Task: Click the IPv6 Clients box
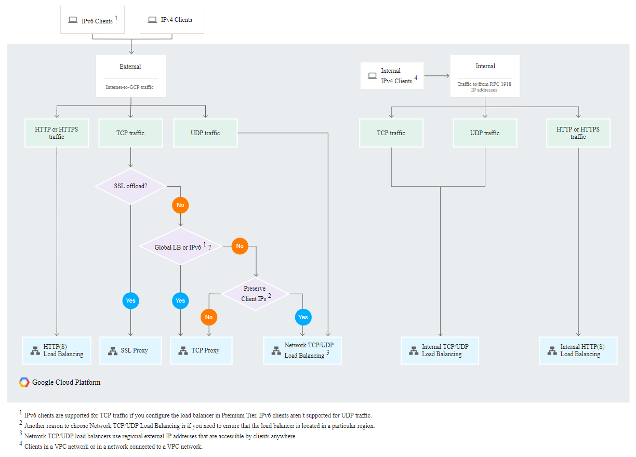tap(92, 20)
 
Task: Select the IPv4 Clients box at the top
tap(172, 20)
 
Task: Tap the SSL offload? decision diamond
tap(130, 186)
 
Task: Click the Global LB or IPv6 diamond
tap(181, 247)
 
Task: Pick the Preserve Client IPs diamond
tap(255, 294)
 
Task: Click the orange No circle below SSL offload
tap(180, 205)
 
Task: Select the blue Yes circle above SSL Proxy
tap(130, 301)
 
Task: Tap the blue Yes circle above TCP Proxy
tap(180, 301)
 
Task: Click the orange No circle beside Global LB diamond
tap(240, 246)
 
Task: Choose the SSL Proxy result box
tap(130, 350)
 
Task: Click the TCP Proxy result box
tap(201, 350)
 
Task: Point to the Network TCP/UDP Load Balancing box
tap(302, 350)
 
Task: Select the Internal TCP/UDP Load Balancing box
tap(440, 350)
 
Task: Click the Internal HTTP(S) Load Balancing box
tap(578, 350)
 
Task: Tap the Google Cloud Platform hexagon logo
tap(24, 383)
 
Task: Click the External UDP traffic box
tap(205, 133)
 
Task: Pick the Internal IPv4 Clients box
tap(392, 76)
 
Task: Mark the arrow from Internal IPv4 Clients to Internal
tap(436, 76)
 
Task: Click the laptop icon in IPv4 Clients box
tap(152, 20)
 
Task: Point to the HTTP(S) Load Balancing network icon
tap(35, 351)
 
